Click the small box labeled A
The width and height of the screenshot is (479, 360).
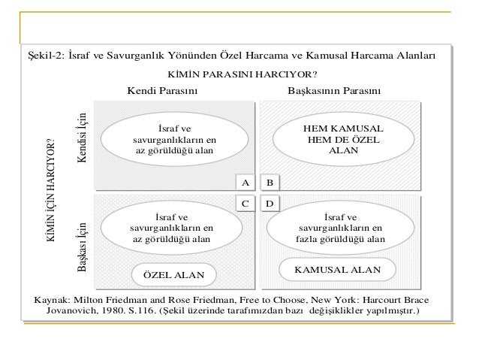pyautogui.click(x=244, y=183)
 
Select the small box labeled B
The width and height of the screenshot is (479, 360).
pyautogui.click(x=270, y=183)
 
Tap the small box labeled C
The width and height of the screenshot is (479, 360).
pyautogui.click(x=244, y=203)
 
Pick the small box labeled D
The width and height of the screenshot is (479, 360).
pyautogui.click(x=270, y=203)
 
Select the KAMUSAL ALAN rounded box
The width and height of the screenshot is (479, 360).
pyautogui.click(x=336, y=268)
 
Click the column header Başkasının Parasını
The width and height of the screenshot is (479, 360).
pyautogui.click(x=335, y=92)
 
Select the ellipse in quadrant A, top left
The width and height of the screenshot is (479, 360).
pyautogui.click(x=173, y=140)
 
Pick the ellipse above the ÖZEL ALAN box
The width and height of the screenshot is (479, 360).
pyautogui.click(x=171, y=227)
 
